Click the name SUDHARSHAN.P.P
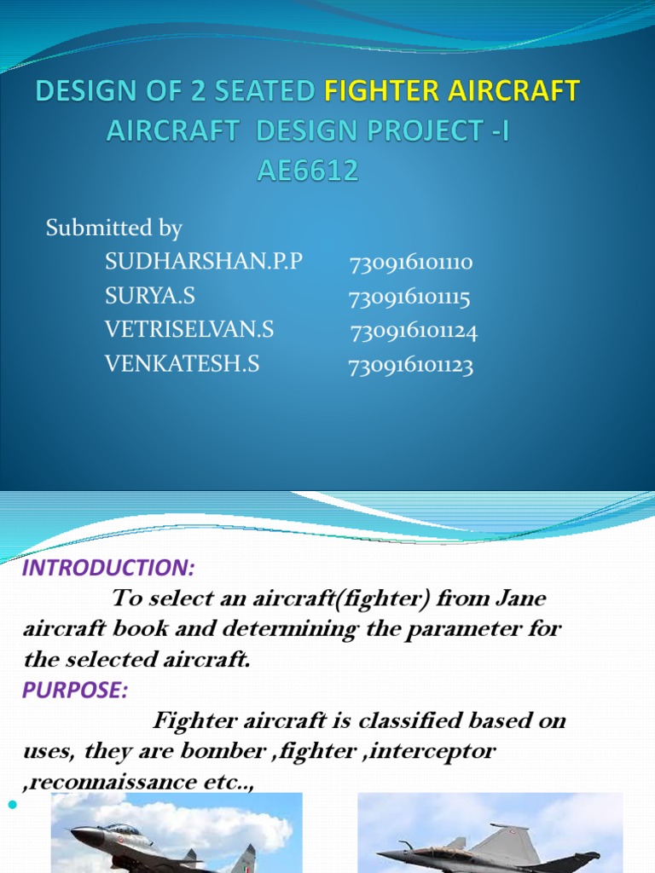204,262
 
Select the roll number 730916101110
411,263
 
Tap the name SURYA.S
150,296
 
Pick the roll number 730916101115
409,298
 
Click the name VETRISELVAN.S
189,330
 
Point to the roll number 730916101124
414,332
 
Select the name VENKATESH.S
182,364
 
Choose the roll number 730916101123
410,367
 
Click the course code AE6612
308,171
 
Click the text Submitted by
113,228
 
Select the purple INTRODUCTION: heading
108,569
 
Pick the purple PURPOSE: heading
75,691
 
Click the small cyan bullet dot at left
11,805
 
